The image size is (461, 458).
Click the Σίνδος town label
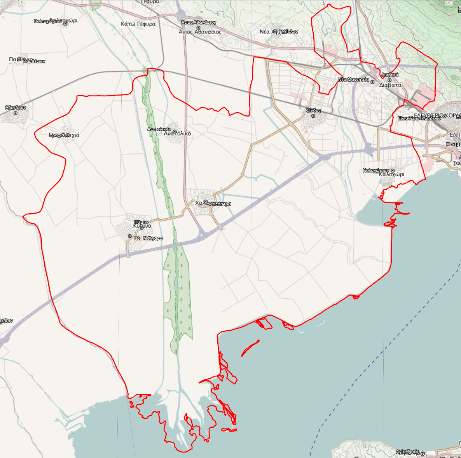point(313,111)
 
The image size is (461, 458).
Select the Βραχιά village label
point(64,135)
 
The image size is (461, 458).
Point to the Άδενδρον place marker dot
point(16,113)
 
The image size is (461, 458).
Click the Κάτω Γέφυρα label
point(138,24)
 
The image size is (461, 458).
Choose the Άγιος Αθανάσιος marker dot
point(198,28)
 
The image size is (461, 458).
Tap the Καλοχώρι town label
point(391,174)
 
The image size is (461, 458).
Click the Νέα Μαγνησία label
point(353,80)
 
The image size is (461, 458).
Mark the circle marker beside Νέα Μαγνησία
point(372,82)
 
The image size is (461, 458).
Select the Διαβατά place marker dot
point(389,80)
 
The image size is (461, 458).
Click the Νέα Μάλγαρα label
point(148,238)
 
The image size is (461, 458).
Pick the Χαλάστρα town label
point(220,204)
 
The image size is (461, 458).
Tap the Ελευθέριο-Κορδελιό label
point(419,118)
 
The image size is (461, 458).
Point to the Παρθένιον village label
point(34,61)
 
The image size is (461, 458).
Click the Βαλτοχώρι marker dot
point(65,24)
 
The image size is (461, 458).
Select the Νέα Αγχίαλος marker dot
point(275,31)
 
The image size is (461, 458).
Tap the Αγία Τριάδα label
point(407,452)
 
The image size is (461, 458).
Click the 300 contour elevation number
point(449,3)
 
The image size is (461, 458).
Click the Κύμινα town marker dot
point(142,228)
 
